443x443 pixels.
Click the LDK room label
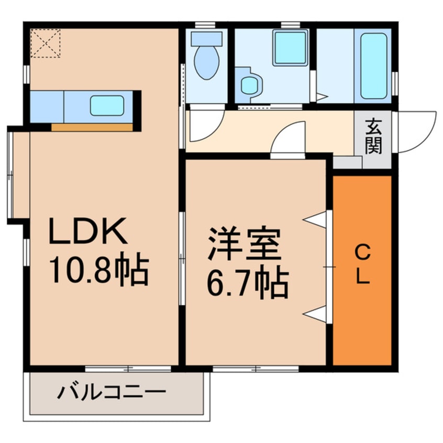[x=88, y=231]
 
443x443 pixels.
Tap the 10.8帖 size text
[x=99, y=270]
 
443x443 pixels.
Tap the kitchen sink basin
[x=107, y=106]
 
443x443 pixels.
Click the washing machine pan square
[x=290, y=48]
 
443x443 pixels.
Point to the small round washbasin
[x=249, y=84]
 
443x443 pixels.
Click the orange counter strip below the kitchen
[x=92, y=127]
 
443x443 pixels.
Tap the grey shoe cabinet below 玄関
[x=347, y=162]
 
